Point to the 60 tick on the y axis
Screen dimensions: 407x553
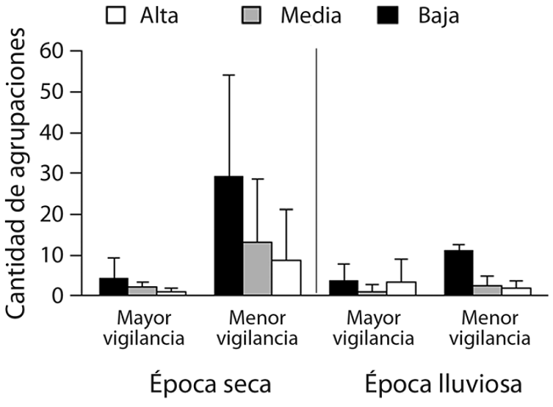(x=57, y=50)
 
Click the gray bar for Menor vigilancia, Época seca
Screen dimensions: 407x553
(x=258, y=268)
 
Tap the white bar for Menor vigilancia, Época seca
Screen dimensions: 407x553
(x=287, y=278)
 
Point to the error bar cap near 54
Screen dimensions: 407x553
(x=229, y=75)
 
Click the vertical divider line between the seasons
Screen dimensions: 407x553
(x=316, y=170)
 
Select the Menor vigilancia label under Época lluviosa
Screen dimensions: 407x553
(x=487, y=328)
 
